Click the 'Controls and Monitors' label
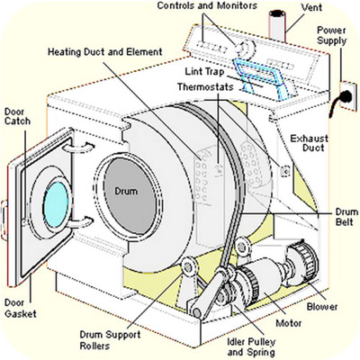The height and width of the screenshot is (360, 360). [207, 5]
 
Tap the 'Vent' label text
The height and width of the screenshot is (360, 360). [312, 6]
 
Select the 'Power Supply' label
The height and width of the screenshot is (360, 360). [332, 35]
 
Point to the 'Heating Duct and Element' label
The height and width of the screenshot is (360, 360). [105, 52]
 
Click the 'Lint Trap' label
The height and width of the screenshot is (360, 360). [204, 72]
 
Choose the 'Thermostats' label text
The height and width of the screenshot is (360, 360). [205, 87]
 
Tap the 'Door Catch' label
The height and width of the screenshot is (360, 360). [17, 117]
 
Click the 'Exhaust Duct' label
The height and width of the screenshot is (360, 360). [310, 143]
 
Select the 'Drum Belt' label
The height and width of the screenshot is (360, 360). [346, 217]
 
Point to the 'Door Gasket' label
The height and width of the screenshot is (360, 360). [21, 309]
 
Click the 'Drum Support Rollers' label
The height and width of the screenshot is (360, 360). [110, 340]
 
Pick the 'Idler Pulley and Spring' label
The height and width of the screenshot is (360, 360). [251, 346]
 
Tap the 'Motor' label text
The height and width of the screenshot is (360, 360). [289, 323]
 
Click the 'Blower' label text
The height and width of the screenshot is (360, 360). [322, 307]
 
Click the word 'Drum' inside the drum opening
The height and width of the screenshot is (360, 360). [126, 191]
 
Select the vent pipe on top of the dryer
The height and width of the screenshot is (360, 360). [276, 25]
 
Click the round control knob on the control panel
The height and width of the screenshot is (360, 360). [245, 48]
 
